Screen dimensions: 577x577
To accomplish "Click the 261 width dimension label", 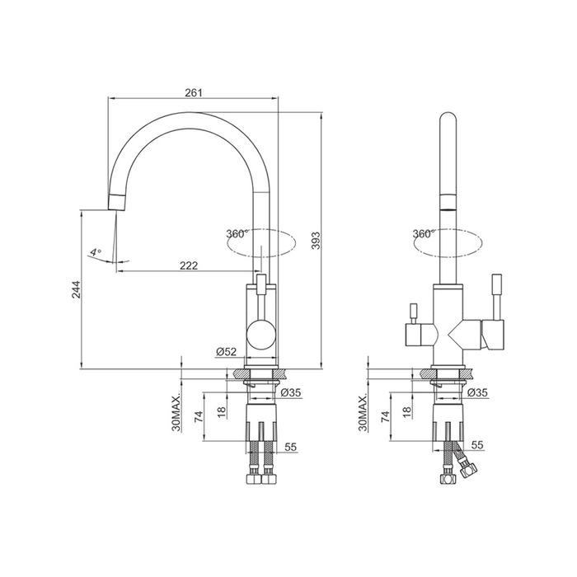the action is [x=194, y=92].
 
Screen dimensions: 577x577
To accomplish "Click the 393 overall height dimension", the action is [x=316, y=241].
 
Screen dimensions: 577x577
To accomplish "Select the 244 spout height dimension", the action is [x=76, y=289].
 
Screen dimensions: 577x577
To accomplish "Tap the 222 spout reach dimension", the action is [x=189, y=265].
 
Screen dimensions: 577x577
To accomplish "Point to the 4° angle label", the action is [x=96, y=252].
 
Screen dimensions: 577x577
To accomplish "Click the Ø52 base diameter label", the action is [x=226, y=352].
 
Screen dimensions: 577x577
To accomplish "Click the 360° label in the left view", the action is [x=237, y=233].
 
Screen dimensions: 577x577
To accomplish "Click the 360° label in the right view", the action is [x=424, y=233].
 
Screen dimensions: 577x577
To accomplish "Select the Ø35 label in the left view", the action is [x=291, y=393].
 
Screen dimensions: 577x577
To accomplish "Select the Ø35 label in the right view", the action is [x=477, y=393].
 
